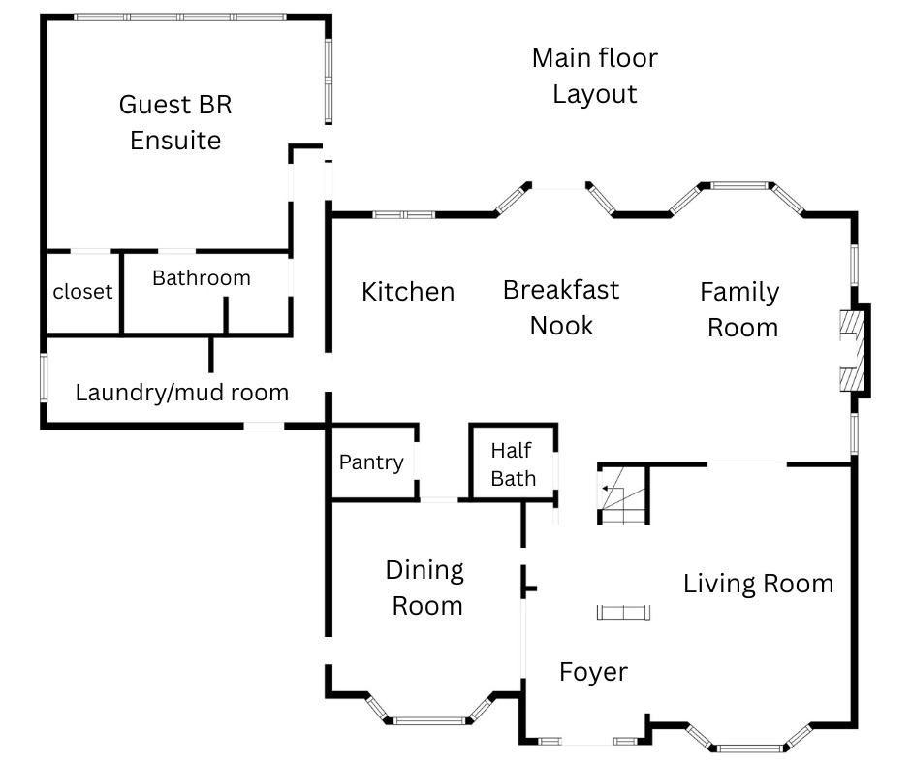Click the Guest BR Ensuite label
(x=175, y=122)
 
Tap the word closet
(x=82, y=292)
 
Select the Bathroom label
(x=202, y=278)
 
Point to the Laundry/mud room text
(x=182, y=393)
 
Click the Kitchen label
(x=408, y=292)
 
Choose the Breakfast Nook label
(x=561, y=307)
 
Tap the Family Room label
(x=741, y=309)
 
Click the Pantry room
(x=371, y=462)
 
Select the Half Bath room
(x=513, y=463)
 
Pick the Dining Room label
(x=425, y=588)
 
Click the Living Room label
(x=758, y=584)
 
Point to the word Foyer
(x=593, y=672)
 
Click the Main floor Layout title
(x=594, y=76)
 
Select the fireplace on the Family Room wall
(x=853, y=352)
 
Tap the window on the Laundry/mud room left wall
(x=43, y=378)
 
